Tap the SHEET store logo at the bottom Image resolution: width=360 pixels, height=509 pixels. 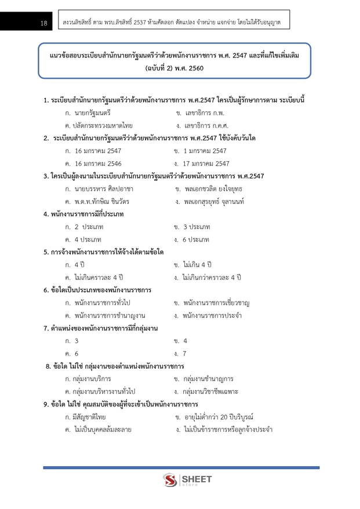(x=187, y=480)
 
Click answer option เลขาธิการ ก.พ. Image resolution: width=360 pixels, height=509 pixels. (x=200, y=112)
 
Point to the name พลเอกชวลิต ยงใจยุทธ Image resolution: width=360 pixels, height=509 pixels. (x=212, y=189)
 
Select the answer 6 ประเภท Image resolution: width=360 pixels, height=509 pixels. (x=195, y=239)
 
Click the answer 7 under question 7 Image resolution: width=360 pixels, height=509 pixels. (x=184, y=353)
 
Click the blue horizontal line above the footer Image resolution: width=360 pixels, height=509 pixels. (x=181, y=467)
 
